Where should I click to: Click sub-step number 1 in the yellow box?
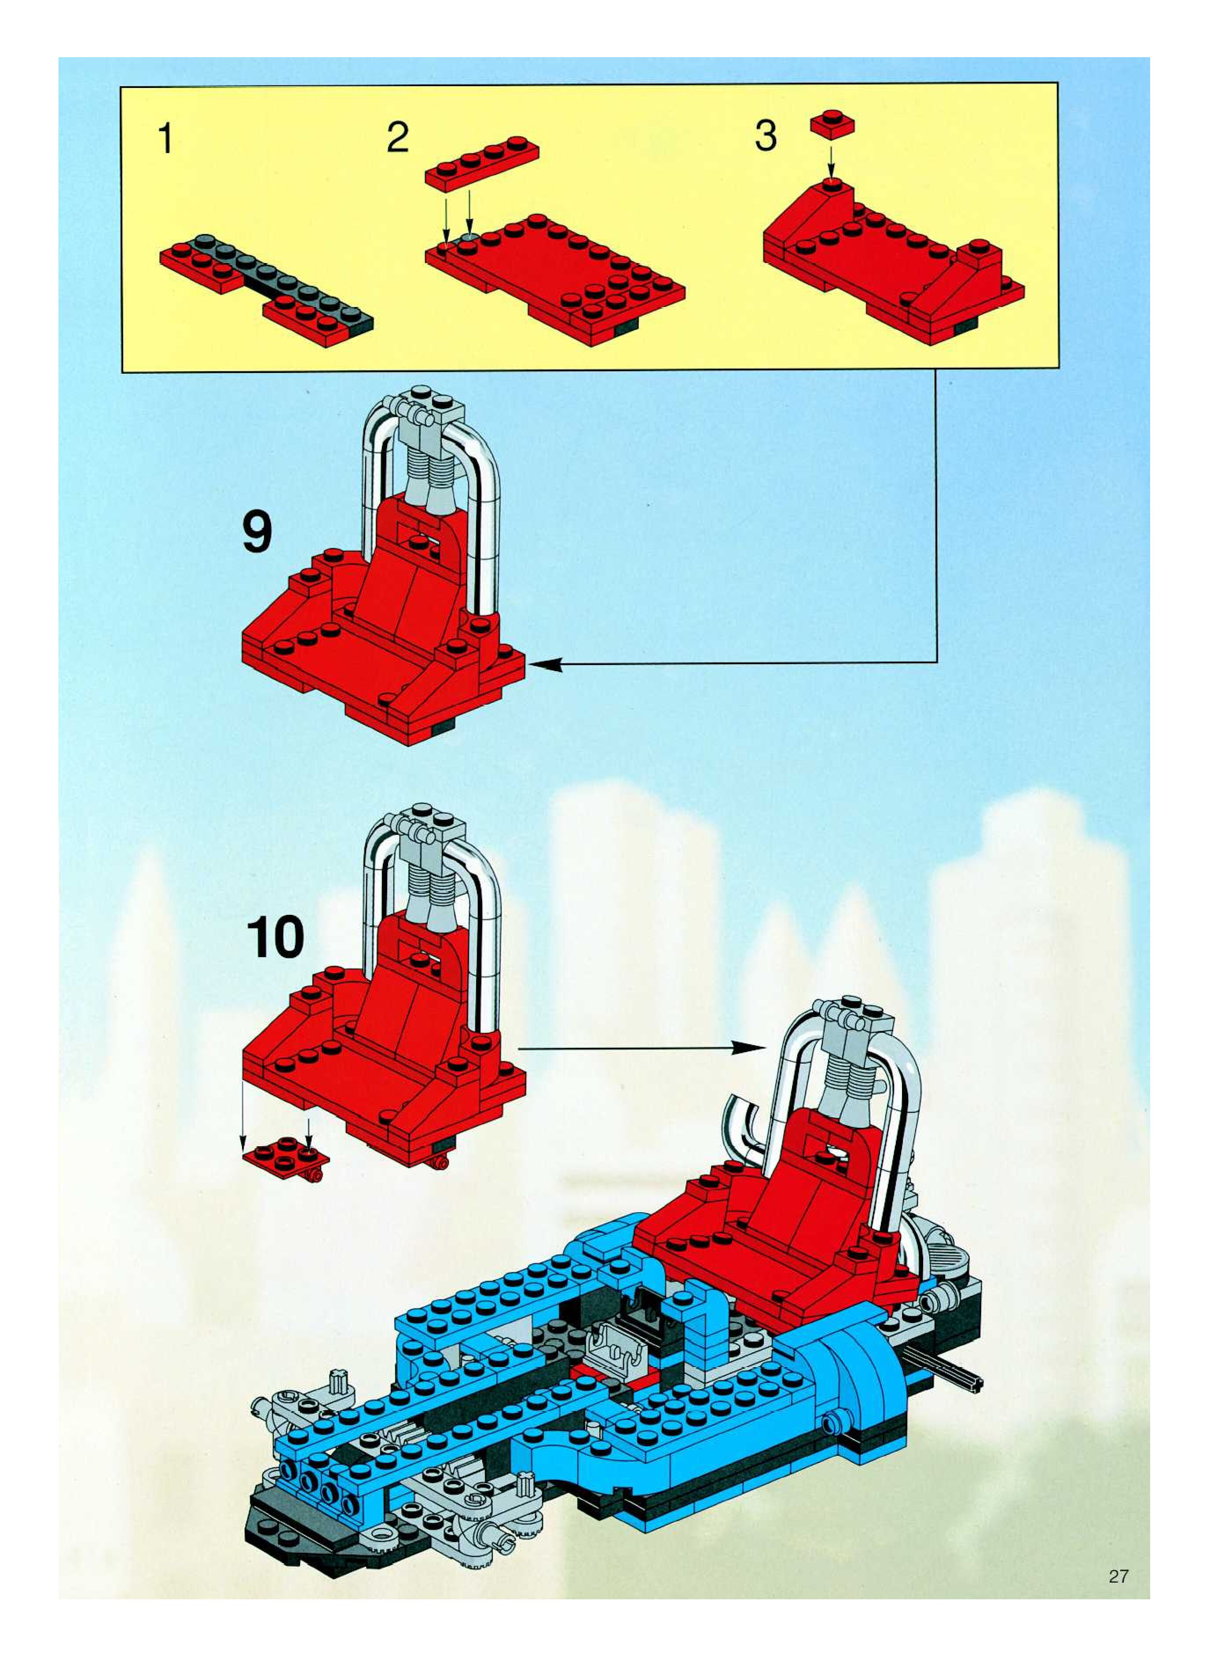166,139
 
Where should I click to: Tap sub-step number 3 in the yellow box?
766,136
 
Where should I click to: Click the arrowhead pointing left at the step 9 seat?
546,664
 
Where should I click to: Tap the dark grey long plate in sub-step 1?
293,278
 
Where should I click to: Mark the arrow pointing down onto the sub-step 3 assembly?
831,163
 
